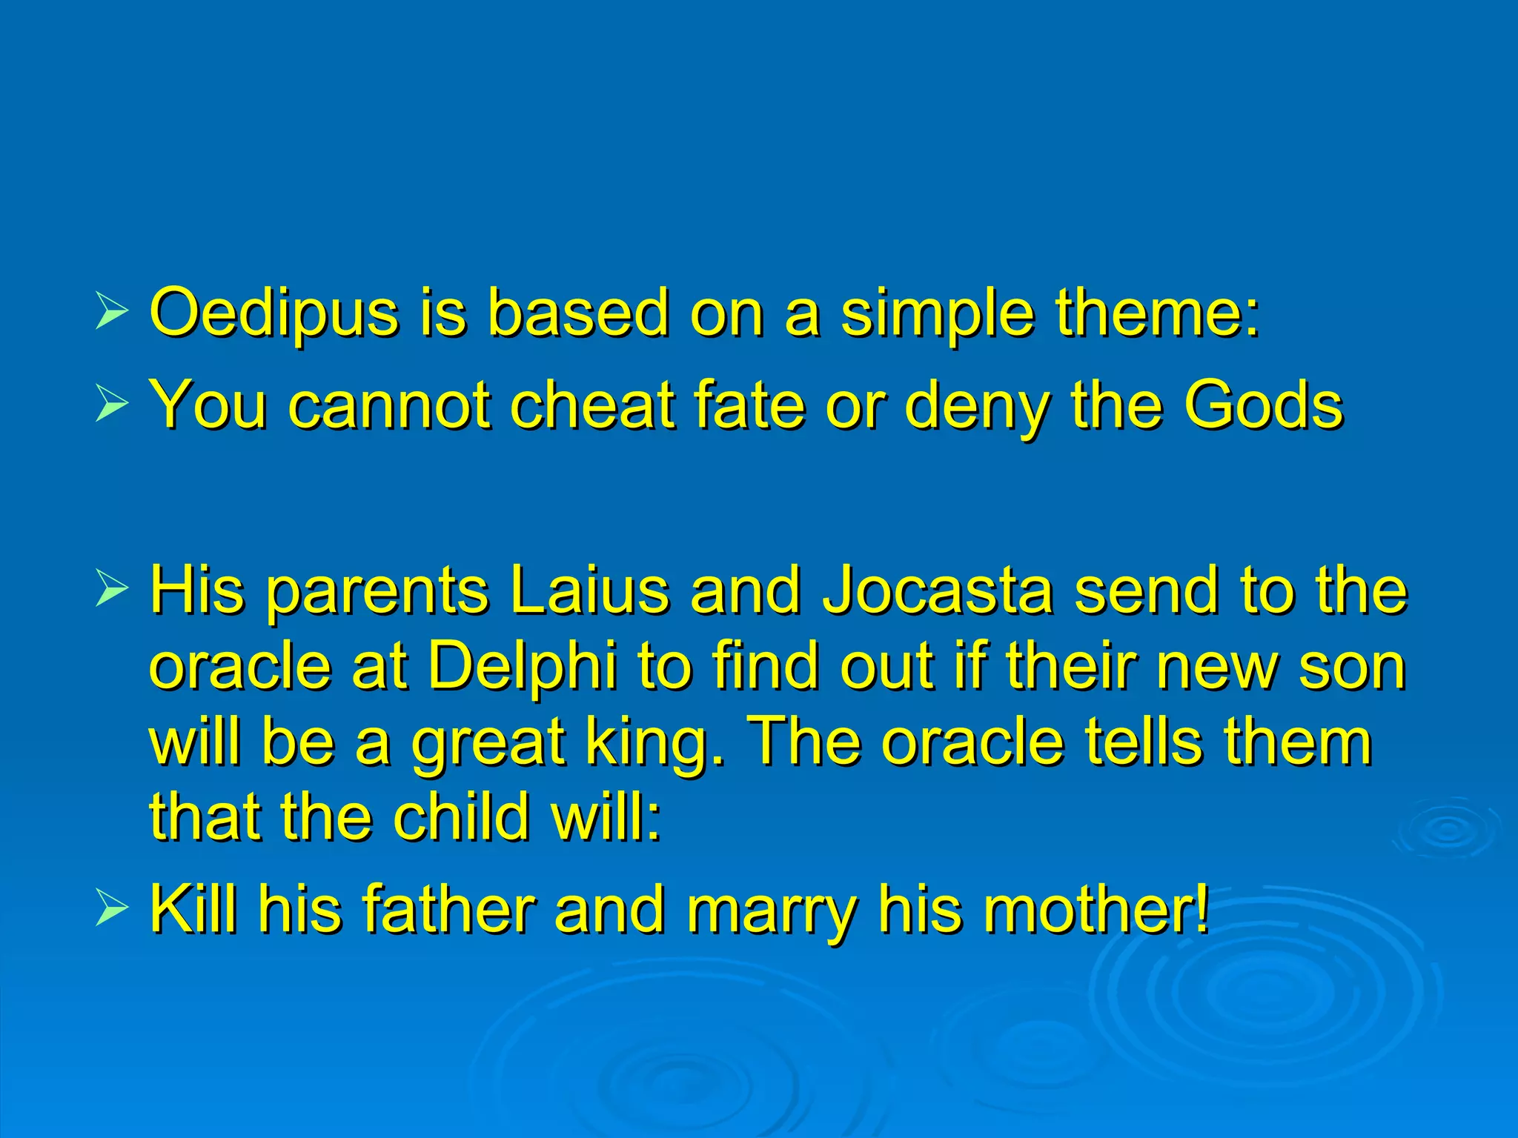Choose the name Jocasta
(938, 590)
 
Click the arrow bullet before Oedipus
(111, 313)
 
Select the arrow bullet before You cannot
(111, 406)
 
